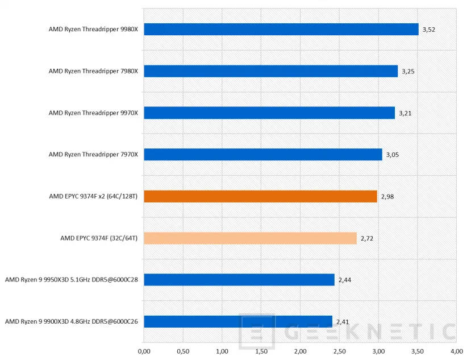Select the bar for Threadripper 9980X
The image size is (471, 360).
pyautogui.click(x=281, y=30)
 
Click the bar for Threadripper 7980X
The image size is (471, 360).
pyautogui.click(x=270, y=71)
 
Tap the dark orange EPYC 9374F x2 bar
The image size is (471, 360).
pyautogui.click(x=260, y=196)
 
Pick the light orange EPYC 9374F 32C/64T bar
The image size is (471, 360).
pyautogui.click(x=250, y=238)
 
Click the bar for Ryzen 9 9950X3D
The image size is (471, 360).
pyautogui.click(x=239, y=280)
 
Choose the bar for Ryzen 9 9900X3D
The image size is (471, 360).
pyautogui.click(x=237, y=321)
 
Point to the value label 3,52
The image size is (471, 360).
pyautogui.click(x=428, y=30)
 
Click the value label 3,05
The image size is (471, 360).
pyautogui.click(x=392, y=155)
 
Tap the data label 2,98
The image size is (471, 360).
pyautogui.click(x=387, y=196)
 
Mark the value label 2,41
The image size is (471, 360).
pyautogui.click(x=342, y=321)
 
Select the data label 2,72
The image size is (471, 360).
pyautogui.click(x=366, y=238)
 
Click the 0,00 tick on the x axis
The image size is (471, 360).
pyautogui.click(x=144, y=351)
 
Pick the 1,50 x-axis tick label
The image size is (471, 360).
pyautogui.click(x=261, y=351)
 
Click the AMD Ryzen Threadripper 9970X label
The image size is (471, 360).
pyautogui.click(x=93, y=113)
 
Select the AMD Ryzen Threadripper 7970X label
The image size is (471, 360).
pyautogui.click(x=93, y=155)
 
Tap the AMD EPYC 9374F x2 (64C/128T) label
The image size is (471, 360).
pyautogui.click(x=94, y=196)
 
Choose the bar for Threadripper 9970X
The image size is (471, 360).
pyautogui.click(x=269, y=113)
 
